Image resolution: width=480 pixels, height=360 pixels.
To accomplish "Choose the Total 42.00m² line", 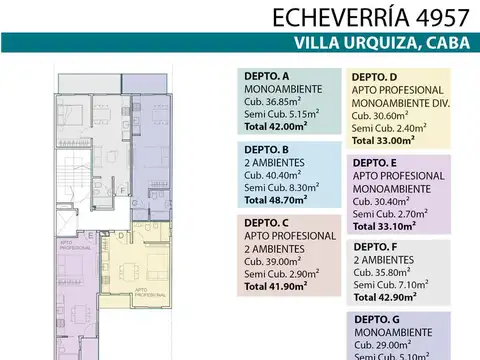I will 279,127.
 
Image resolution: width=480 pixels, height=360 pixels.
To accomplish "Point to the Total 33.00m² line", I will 386,141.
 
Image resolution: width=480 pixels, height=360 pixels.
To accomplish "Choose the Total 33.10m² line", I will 386,225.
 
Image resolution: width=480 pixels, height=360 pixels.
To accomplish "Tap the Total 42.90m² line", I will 386,297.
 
